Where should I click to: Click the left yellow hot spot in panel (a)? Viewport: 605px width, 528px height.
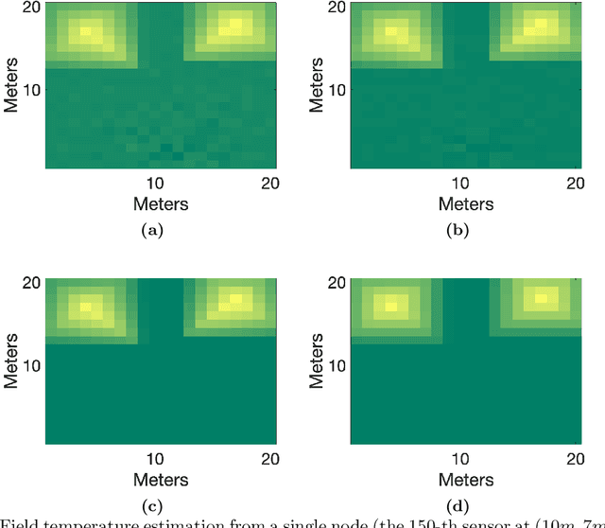pyautogui.click(x=88, y=31)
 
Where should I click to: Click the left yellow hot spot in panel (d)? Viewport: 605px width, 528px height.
pyautogui.click(x=390, y=307)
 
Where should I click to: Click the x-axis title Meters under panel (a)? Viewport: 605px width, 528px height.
pyautogui.click(x=160, y=203)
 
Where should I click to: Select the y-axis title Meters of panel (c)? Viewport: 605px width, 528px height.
pyautogui.click(x=12, y=361)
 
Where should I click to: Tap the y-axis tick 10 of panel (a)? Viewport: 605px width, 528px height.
pyautogui.click(x=33, y=89)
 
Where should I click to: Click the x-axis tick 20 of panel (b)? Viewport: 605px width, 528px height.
pyautogui.click(x=573, y=183)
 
